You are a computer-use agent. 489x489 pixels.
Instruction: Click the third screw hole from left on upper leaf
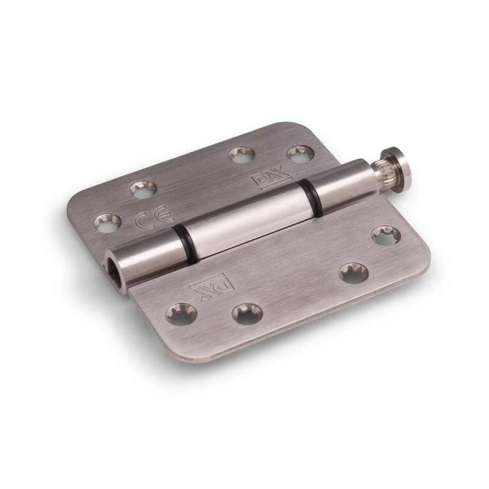[x=237, y=153]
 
